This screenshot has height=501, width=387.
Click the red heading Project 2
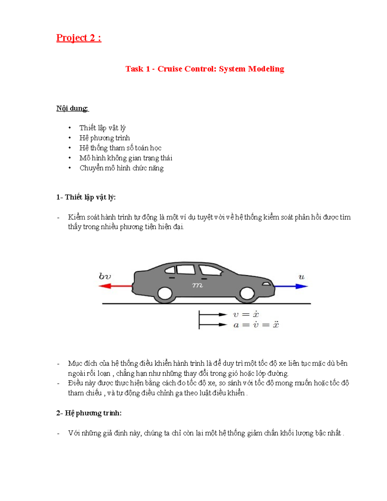click(79, 38)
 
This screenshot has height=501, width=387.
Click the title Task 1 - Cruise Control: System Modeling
click(205, 69)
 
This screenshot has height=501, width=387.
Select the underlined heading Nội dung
click(72, 108)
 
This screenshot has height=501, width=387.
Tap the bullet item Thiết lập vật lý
click(102, 128)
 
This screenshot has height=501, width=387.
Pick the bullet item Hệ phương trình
click(104, 138)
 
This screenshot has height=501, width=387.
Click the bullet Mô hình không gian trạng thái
click(126, 158)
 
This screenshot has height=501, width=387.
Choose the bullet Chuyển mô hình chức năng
click(122, 168)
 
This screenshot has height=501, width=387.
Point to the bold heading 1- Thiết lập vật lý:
click(86, 197)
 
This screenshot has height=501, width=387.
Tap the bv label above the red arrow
click(105, 276)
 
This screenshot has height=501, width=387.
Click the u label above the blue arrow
click(302, 277)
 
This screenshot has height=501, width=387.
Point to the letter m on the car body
click(197, 285)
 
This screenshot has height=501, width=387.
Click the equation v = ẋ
click(246, 315)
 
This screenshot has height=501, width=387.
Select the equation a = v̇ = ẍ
click(256, 325)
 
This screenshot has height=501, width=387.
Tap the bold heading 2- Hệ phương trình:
click(89, 413)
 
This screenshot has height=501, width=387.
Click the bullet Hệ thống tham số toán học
click(120, 148)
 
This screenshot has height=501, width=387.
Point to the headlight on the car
click(267, 284)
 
